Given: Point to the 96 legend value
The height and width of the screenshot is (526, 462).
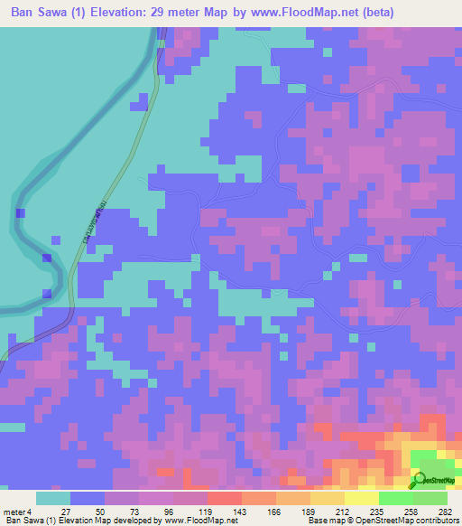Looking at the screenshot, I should [174, 512].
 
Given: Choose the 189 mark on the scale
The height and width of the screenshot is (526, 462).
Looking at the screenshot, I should [310, 512].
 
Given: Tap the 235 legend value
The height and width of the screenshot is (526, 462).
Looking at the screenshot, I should [377, 512].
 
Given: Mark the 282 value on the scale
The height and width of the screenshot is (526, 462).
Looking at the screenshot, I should [445, 512].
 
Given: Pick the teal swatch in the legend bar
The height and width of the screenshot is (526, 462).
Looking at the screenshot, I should [53, 498].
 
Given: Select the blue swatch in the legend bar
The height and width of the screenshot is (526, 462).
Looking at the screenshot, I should [88, 498].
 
